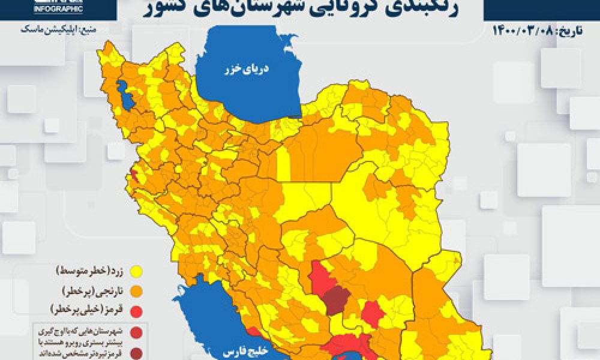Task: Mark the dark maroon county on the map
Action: (x=337, y=299)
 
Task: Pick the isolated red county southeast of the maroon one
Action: (x=373, y=312)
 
